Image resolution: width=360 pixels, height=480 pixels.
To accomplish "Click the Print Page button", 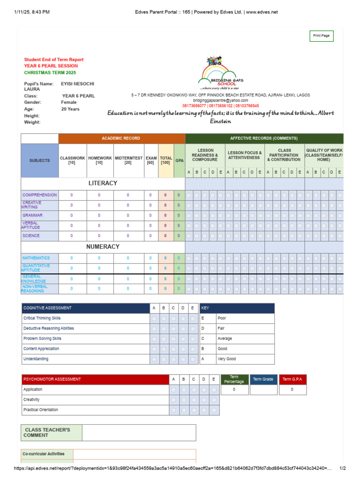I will [321, 36].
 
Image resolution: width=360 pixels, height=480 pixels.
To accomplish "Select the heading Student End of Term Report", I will [54, 60].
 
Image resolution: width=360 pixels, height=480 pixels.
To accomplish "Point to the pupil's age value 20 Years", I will [70, 109].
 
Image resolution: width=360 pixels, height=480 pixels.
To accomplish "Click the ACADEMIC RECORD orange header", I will [121, 138].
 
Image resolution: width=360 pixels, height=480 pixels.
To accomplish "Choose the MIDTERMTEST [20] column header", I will [128, 161].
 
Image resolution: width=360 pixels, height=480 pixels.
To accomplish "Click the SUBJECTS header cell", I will [39, 161].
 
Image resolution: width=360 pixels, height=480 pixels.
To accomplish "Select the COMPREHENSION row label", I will [39, 195].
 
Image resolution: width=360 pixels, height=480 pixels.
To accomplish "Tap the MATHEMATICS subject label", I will [36, 258].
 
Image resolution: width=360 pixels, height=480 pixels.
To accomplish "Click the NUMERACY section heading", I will [103, 247].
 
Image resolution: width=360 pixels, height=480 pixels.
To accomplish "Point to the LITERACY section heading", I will [103, 183].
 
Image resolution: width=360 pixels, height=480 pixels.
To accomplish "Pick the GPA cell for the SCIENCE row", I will [179, 236].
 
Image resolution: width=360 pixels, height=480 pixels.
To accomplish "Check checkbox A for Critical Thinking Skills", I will [154, 318].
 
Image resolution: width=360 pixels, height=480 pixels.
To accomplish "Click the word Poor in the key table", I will [222, 318].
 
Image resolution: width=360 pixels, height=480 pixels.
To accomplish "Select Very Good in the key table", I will [227, 359].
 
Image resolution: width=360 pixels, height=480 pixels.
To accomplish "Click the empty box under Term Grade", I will [263, 390].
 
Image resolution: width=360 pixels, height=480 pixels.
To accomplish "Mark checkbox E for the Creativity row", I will [214, 400].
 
